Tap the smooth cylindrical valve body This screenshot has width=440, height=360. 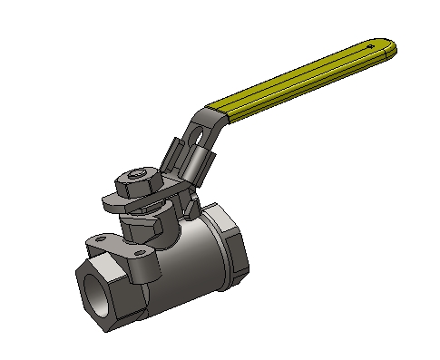186,263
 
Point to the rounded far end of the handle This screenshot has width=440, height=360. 392,46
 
